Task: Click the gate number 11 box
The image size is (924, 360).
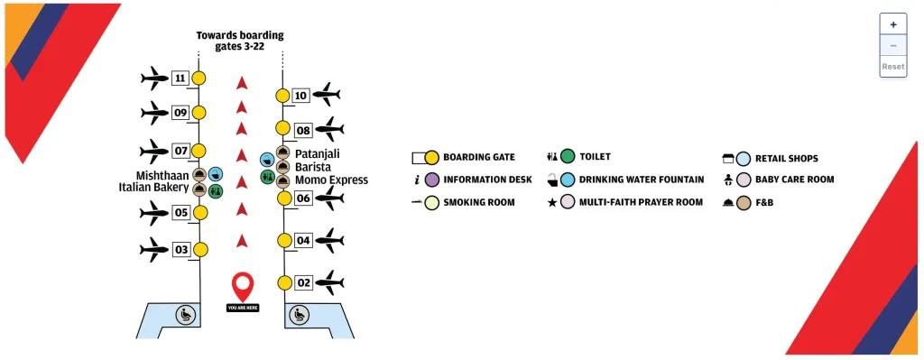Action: (180, 78)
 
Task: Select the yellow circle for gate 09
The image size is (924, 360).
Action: (199, 113)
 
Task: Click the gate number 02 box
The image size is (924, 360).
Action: (304, 282)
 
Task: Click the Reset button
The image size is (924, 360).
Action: (892, 67)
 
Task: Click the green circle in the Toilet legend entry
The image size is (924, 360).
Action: (568, 157)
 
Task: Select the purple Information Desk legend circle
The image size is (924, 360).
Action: (431, 180)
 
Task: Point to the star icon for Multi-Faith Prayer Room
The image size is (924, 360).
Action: (550, 202)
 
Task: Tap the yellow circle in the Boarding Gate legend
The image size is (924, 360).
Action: (431, 157)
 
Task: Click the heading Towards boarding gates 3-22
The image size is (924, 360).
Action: (240, 41)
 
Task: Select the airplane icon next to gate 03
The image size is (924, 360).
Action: (154, 248)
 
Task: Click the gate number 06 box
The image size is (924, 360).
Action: (304, 198)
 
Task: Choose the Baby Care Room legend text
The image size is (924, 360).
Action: (794, 180)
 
